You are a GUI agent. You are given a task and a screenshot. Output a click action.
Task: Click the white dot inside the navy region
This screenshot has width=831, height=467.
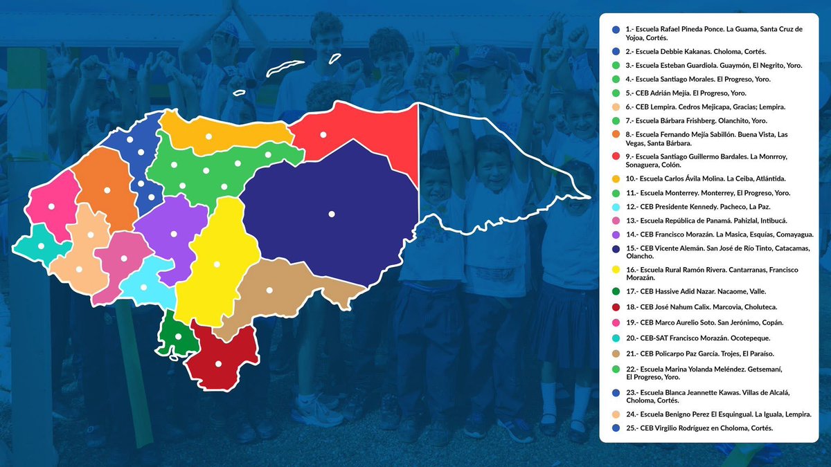tap(332, 214)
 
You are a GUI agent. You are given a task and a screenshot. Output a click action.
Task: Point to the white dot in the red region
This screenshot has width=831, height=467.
tap(323, 134)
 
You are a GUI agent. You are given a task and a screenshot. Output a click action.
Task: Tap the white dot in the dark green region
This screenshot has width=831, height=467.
tap(178, 336)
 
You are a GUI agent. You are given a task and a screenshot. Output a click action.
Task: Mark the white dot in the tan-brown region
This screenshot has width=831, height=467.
tap(269, 290)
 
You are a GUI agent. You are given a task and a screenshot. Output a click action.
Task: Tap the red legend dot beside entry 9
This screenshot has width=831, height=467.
tap(616, 157)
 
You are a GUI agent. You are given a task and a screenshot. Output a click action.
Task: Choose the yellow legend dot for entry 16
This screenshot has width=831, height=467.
tap(616, 270)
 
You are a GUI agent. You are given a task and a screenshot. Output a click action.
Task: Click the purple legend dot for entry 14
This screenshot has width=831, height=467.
tap(616, 235)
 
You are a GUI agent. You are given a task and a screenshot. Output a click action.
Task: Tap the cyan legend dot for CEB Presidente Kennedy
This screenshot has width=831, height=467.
tap(616, 207)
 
